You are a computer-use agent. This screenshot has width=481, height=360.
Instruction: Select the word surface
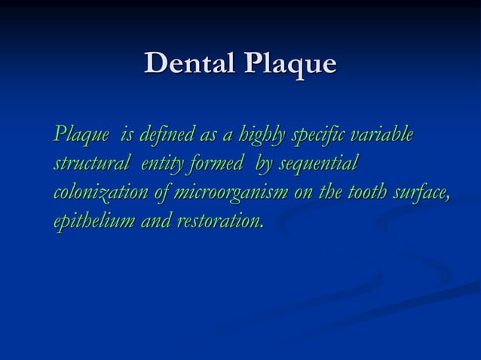tap(424, 193)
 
